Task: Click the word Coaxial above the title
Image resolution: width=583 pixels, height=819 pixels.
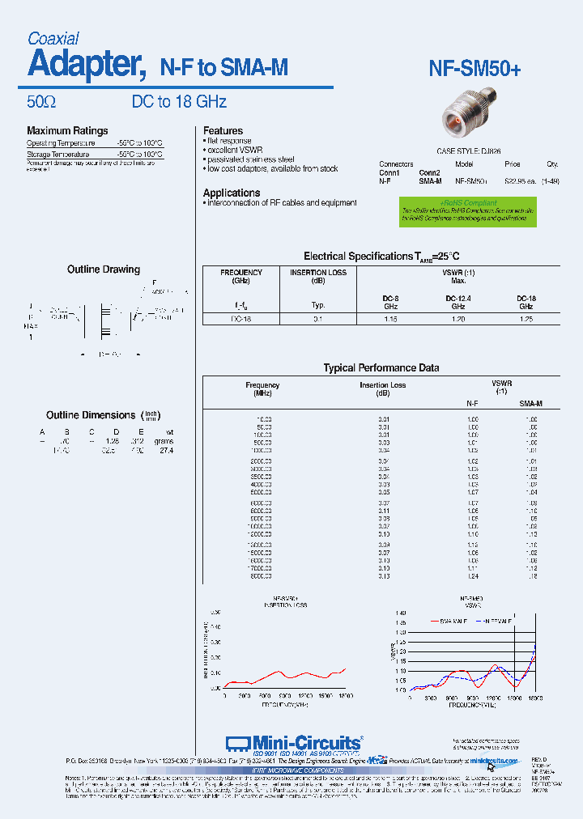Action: [53, 38]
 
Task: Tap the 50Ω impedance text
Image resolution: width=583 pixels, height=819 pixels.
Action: [41, 102]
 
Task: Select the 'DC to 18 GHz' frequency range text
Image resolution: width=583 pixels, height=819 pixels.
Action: [179, 102]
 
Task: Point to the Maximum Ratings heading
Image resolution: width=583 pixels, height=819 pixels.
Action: [67, 130]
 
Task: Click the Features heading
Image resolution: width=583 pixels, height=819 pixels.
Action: [223, 130]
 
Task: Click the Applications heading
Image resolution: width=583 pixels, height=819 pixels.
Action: [232, 193]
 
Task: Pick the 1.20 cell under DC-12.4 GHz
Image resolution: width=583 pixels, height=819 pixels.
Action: [457, 319]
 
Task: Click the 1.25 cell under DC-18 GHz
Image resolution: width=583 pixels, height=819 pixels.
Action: [526, 319]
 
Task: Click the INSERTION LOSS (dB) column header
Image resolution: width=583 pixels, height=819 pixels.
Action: [318, 277]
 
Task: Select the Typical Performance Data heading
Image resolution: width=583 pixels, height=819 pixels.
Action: [381, 367]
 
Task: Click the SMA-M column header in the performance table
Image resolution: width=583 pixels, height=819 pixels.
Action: [530, 403]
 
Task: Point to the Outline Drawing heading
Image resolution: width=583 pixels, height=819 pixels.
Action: [104, 269]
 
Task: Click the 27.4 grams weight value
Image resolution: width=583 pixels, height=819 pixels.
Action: [166, 450]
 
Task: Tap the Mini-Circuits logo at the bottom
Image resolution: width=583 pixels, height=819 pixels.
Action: [295, 743]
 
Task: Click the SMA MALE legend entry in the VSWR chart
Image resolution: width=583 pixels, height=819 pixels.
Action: [449, 621]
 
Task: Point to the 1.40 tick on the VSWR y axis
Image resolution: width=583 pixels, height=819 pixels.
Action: [401, 613]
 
